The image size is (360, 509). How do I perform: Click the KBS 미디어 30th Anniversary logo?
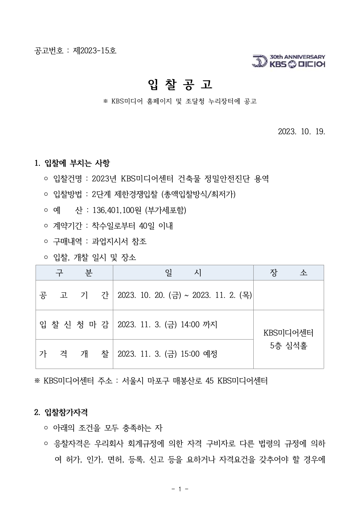pos(289,61)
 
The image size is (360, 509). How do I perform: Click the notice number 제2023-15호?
pos(95,51)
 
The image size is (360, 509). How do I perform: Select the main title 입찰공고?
pos(180,84)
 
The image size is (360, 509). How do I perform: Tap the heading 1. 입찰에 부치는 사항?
pos(72,163)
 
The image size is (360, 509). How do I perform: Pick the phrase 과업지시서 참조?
pos(119,242)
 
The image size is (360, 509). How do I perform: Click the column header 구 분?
pos(74,273)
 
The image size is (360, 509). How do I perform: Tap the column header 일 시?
pos(183,273)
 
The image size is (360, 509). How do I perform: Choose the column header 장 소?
pos(289,273)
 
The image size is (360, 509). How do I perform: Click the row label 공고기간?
pos(74,295)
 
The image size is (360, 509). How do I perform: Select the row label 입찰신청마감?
pos(74,325)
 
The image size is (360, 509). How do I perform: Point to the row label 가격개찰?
pos(74,354)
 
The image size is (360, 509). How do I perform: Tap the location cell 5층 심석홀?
pos(289,346)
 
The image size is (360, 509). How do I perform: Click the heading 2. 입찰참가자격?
pos(61,412)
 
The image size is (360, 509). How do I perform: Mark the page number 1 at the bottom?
pos(180,489)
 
